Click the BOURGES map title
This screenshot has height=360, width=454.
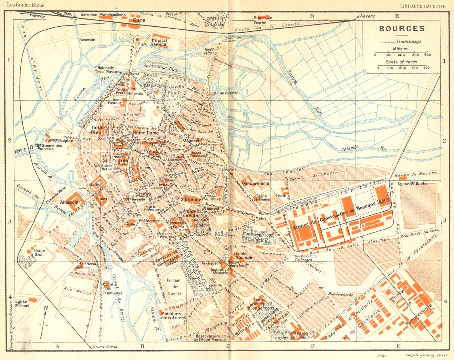(402, 29)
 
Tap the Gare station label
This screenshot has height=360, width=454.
(139, 20)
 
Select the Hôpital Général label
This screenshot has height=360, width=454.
(159, 43)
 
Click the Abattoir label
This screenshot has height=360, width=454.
(69, 202)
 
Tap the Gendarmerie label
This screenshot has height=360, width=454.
(255, 184)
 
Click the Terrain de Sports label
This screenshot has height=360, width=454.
(173, 287)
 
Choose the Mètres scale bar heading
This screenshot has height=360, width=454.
(400, 49)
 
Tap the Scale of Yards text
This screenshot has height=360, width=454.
(401, 62)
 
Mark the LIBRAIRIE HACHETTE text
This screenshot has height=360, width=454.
(423, 6)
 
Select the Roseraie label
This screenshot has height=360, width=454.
(87, 40)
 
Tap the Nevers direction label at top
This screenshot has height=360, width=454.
(367, 16)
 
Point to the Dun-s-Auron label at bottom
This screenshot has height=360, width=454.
(105, 347)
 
